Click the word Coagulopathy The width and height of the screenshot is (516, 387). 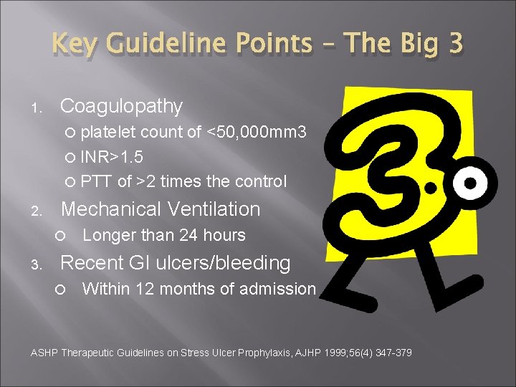(x=121, y=107)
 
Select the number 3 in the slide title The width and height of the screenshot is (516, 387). (x=454, y=44)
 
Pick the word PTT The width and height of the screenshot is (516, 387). (x=96, y=182)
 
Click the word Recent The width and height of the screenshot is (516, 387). (x=90, y=263)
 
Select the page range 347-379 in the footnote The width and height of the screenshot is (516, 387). (x=393, y=353)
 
